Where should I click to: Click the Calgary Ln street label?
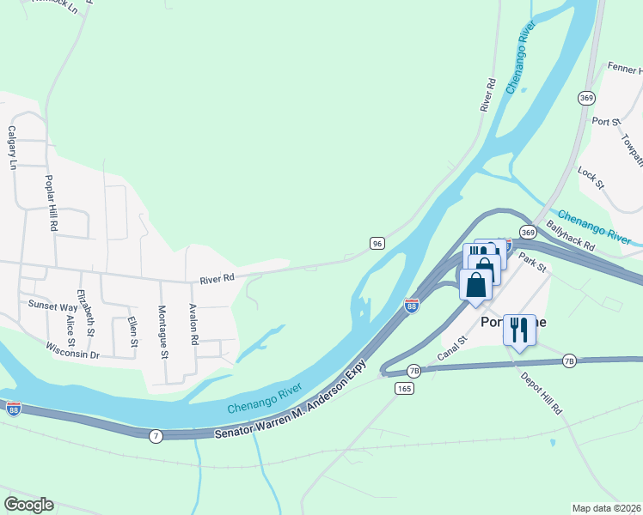click(x=12, y=147)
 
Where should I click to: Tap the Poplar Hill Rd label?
click(x=52, y=203)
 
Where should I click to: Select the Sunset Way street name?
click(x=52, y=306)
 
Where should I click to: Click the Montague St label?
click(x=162, y=331)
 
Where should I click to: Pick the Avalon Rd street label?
click(x=195, y=327)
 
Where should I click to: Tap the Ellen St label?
click(x=133, y=332)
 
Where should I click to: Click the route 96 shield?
click(x=377, y=244)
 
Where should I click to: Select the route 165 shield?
click(x=405, y=389)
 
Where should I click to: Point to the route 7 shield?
click(x=155, y=436)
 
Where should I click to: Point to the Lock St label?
click(x=591, y=179)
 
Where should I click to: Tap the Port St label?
click(x=606, y=122)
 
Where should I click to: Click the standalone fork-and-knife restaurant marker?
click(x=518, y=330)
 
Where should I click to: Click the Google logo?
click(x=28, y=505)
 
